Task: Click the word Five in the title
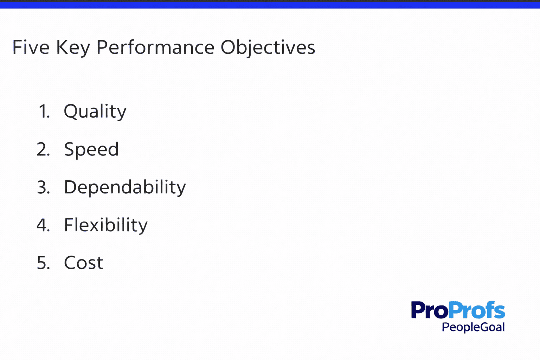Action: tap(31, 47)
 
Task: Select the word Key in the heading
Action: tap(73, 48)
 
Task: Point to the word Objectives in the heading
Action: tap(268, 48)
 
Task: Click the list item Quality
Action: tap(95, 112)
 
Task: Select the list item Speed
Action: tap(91, 150)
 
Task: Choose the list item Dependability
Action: tap(125, 188)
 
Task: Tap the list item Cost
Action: tap(84, 263)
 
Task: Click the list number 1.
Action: tap(44, 111)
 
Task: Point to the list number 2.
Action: tap(43, 149)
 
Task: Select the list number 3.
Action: tap(43, 187)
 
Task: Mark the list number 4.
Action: tap(43, 225)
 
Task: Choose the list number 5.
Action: tap(43, 263)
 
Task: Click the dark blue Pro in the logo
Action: tap(430, 310)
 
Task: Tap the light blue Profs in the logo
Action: tap(477, 310)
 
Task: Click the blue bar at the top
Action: tap(270, 5)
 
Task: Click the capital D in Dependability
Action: tap(70, 187)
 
